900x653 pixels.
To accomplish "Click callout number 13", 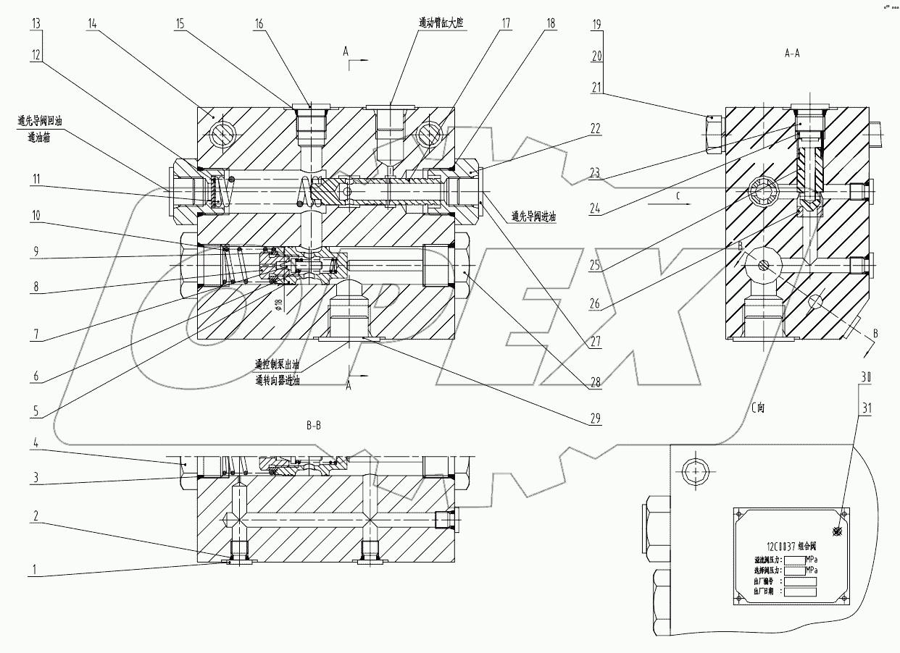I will pos(36,24).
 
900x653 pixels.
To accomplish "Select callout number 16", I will pos(258,24).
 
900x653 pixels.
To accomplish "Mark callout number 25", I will pos(596,266).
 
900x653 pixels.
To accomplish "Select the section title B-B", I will pos(314,426).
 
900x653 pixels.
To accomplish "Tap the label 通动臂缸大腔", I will pos(441,23).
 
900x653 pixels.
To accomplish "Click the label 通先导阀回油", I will pos(40,122).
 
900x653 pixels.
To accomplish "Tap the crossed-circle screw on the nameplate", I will pos(838,531).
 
